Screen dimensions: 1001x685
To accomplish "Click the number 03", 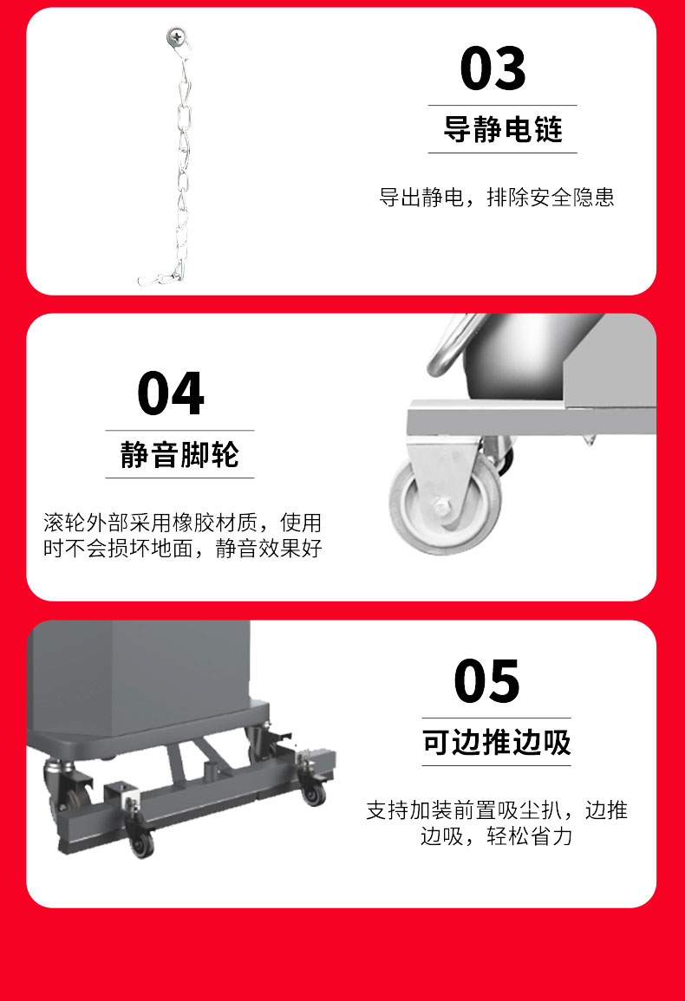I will pyautogui.click(x=493, y=68).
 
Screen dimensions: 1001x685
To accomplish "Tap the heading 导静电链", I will pyautogui.click(x=502, y=130).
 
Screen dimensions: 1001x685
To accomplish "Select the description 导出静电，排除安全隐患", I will pyautogui.click(x=496, y=197).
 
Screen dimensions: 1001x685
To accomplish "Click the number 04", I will pyautogui.click(x=171, y=393).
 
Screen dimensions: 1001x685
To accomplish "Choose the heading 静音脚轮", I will pyautogui.click(x=179, y=454).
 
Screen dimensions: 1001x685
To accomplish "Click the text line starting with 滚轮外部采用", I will pyautogui.click(x=182, y=523).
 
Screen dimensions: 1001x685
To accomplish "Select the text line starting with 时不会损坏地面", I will pyautogui.click(x=182, y=549).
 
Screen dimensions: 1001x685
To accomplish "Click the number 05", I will pyautogui.click(x=487, y=681).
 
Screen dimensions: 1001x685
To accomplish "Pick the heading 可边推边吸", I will pyautogui.click(x=496, y=743).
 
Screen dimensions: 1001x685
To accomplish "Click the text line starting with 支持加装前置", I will pyautogui.click(x=496, y=810).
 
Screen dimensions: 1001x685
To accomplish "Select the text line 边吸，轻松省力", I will pyautogui.click(x=496, y=837).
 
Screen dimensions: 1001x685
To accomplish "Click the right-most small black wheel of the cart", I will pyautogui.click(x=314, y=791).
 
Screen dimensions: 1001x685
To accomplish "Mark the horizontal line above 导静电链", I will pyautogui.click(x=502, y=106).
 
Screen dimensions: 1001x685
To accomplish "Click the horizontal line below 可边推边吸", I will pyautogui.click(x=496, y=765).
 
